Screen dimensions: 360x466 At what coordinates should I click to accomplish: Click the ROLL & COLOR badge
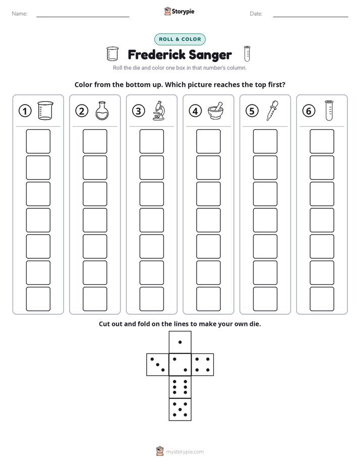[x=179, y=39]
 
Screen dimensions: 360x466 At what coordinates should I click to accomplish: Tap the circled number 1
[x=25, y=111]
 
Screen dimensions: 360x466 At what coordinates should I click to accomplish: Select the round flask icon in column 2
[x=102, y=111]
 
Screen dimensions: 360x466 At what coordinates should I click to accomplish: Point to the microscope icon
[x=159, y=110]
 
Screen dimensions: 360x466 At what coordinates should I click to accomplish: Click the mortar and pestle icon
[x=215, y=111]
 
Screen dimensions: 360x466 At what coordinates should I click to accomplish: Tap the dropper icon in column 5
[x=272, y=110]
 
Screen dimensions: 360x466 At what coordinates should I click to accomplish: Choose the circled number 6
[x=309, y=111]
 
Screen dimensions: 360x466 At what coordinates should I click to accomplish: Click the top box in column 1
[x=38, y=141]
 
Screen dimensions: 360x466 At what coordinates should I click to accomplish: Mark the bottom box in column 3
[x=151, y=299]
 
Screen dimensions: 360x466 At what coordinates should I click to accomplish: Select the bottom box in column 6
[x=322, y=299]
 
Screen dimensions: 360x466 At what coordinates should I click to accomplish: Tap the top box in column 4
[x=208, y=141]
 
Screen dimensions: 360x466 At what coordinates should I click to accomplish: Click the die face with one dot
[x=180, y=342]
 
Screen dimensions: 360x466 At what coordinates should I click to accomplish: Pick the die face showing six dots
[x=180, y=387]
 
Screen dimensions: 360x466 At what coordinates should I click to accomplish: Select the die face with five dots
[x=180, y=410]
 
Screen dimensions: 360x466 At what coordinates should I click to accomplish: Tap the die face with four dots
[x=203, y=365]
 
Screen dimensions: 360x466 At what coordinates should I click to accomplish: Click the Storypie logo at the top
[x=179, y=12]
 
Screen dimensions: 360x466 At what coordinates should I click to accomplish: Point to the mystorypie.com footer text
[x=185, y=452]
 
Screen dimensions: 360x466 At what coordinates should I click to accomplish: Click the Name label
[x=20, y=14]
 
